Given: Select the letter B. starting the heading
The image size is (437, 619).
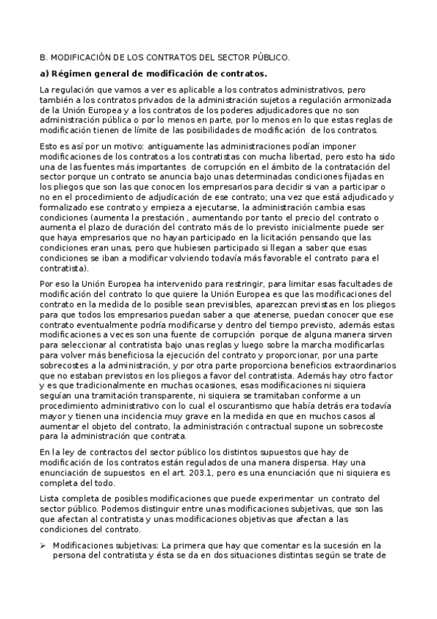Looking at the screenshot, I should tap(42, 57).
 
